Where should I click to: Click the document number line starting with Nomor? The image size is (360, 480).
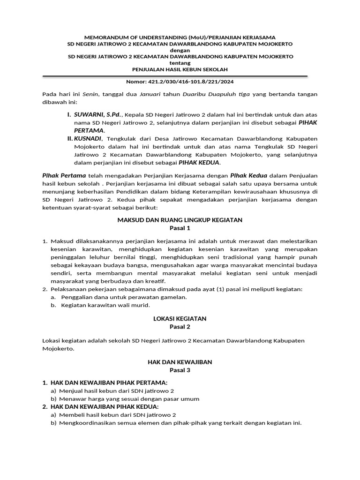click(180, 81)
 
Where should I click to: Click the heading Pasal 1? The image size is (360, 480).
click(180, 228)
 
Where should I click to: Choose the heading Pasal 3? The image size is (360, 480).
click(180, 370)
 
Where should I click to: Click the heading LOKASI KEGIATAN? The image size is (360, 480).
click(180, 318)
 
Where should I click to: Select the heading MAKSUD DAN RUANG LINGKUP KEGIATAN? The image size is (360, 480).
click(180, 220)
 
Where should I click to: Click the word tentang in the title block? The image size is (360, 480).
click(180, 63)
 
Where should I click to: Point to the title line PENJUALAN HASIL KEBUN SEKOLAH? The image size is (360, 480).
click(180, 69)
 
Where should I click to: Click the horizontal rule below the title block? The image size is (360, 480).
click(175, 75)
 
